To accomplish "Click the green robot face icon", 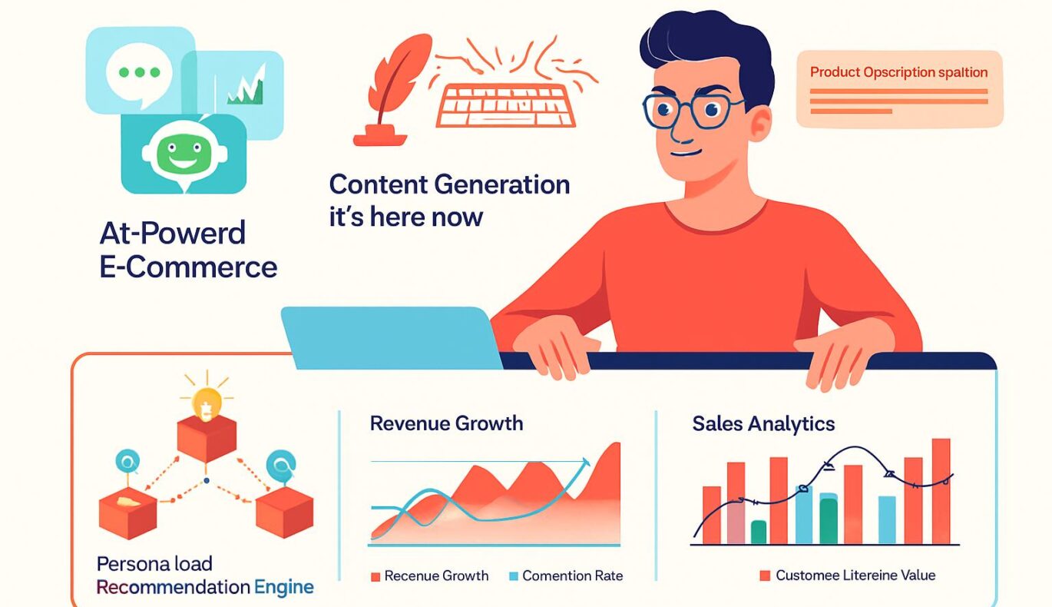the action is click(184, 153).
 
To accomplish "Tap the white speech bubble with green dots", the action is click(139, 75).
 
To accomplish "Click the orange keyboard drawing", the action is click(505, 105).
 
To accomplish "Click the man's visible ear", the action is click(760, 124).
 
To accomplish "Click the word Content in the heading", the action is click(379, 184).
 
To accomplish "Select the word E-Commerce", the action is click(188, 267).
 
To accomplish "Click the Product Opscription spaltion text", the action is click(899, 72).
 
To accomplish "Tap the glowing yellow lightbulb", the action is click(207, 403).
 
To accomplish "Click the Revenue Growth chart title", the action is click(446, 423).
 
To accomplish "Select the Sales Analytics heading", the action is click(763, 424).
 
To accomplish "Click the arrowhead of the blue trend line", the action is click(584, 463).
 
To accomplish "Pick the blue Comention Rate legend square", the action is click(513, 576).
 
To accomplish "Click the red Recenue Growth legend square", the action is click(375, 577).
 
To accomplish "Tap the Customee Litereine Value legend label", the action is click(855, 575).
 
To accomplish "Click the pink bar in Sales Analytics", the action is click(736, 523).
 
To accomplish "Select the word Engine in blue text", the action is click(283, 588).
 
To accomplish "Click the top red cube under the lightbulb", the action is click(207, 439).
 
